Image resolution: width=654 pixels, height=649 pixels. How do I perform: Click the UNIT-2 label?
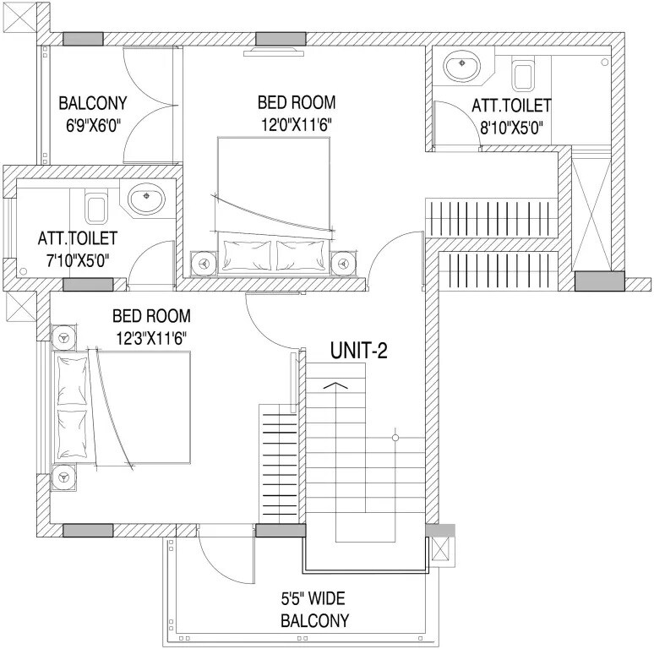click(x=358, y=351)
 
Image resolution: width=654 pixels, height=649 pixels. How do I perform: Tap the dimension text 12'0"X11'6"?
click(x=296, y=123)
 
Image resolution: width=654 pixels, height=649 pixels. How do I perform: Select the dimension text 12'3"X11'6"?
click(x=151, y=337)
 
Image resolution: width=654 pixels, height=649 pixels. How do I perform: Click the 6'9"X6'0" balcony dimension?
click(x=92, y=124)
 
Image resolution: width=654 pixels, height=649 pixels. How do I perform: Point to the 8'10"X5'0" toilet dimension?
click(x=510, y=127)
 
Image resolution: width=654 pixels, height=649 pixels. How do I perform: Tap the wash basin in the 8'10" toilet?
click(x=461, y=68)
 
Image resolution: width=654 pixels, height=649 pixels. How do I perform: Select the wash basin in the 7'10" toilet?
click(x=147, y=201)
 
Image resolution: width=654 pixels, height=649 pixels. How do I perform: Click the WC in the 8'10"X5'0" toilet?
click(x=522, y=75)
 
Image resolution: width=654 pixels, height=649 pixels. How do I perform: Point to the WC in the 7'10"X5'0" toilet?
click(x=97, y=205)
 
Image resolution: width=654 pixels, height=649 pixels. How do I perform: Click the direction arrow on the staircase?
click(x=335, y=386)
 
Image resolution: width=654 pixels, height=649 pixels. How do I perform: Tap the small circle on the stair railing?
click(x=394, y=438)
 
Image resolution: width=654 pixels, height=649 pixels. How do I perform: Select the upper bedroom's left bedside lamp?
click(x=204, y=263)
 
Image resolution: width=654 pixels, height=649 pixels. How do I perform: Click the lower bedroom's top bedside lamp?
click(x=63, y=339)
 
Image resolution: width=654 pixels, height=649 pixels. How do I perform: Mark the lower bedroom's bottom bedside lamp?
click(x=63, y=478)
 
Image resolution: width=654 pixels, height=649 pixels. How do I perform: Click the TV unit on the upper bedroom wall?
click(x=273, y=52)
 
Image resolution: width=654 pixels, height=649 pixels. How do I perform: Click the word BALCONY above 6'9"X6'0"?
click(x=92, y=104)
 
